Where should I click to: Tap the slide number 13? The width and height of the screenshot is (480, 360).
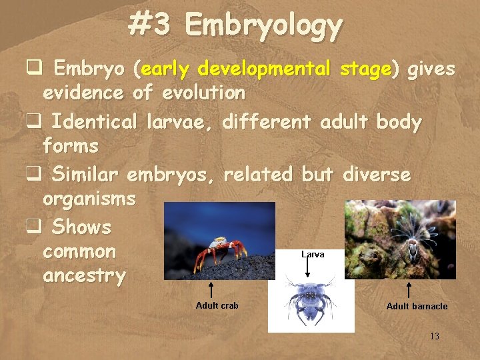point(434,336)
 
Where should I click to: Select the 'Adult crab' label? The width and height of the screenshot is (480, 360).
point(217,305)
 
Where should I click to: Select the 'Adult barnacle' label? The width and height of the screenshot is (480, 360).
point(417,306)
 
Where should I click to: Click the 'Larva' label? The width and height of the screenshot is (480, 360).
point(313,254)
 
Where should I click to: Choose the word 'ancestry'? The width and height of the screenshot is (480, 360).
point(83,276)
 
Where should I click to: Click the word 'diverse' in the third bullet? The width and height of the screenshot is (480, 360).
point(377,174)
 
